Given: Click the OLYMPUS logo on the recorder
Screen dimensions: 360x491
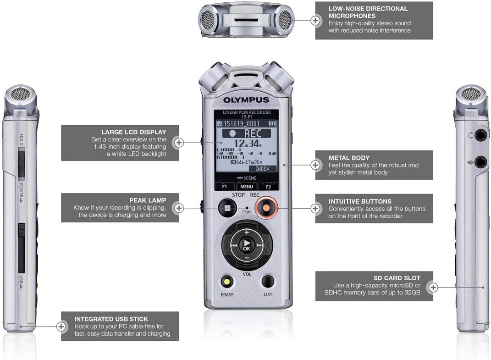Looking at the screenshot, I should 246,100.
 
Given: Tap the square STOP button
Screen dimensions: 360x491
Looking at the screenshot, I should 226,208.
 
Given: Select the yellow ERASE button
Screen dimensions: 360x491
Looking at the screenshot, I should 226,281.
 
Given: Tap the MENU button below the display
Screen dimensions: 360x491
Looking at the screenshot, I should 246,187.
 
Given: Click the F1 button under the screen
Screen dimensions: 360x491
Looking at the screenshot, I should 225,187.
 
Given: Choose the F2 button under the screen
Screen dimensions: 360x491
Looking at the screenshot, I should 268,187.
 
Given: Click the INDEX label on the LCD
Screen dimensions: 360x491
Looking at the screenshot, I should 262,169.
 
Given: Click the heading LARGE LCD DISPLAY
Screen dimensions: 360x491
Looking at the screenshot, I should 134,132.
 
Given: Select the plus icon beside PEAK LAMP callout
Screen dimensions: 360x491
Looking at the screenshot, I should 179,208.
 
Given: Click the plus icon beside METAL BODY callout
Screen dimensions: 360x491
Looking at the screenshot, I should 315,165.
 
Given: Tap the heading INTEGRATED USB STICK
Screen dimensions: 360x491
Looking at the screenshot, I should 111,319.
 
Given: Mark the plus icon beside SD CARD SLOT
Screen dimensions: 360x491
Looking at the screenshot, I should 433,288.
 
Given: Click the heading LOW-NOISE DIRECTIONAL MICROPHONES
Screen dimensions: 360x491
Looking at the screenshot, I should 368,12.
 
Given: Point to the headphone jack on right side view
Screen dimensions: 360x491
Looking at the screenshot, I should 480,135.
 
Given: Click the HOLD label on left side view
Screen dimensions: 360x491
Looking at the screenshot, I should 21,140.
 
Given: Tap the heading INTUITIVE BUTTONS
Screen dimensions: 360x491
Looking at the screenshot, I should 360,201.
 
